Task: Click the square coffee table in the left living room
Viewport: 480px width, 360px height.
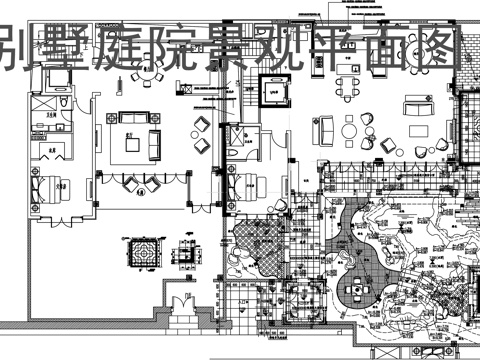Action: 131,142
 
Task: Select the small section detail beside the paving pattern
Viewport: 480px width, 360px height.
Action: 187,258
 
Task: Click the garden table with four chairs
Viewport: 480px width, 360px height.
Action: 356,291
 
